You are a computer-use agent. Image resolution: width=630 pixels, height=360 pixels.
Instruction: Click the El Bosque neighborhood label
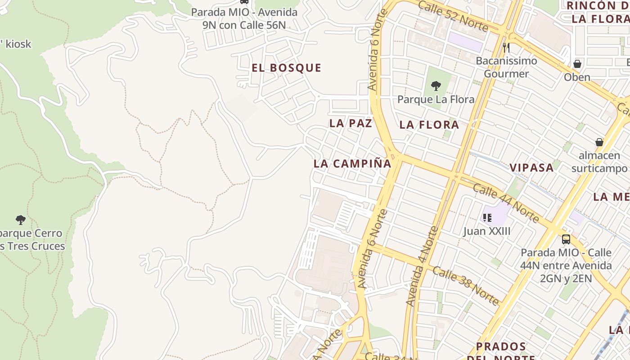point(287,68)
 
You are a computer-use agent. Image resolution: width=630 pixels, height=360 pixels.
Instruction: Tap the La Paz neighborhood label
point(351,123)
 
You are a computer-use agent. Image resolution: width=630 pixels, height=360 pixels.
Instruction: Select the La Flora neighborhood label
point(429,125)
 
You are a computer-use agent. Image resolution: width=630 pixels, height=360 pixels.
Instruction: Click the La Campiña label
point(352,164)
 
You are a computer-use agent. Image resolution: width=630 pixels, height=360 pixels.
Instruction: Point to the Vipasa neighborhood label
point(531,168)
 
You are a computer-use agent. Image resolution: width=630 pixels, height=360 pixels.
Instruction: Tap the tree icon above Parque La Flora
point(436,85)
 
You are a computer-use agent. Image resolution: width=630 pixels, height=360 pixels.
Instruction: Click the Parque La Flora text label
point(436,99)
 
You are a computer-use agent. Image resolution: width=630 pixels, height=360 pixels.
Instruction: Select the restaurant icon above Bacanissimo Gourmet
point(506,47)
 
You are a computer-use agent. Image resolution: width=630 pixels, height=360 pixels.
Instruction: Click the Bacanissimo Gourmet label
point(506,67)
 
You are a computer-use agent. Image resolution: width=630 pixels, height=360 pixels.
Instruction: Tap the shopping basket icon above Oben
point(577,64)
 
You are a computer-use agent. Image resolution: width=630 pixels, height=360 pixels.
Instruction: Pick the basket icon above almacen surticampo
point(599,142)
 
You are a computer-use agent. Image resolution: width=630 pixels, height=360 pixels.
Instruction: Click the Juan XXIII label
point(487,231)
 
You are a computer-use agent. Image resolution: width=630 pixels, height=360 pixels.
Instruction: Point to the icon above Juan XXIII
point(487,218)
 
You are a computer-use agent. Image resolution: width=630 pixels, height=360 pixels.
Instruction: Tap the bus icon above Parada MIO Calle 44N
point(566,239)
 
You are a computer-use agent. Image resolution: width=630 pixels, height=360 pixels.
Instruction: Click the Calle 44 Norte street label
point(506,203)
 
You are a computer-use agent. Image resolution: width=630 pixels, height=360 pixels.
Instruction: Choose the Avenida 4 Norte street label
point(422,266)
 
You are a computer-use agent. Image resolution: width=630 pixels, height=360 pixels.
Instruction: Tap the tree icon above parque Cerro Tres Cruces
point(20,220)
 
